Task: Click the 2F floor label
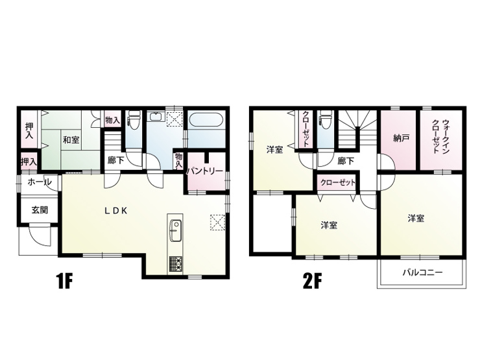point(312,282)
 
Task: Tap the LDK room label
point(115,211)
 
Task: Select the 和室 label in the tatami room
point(71,140)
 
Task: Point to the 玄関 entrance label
point(40,210)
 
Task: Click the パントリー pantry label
point(205,171)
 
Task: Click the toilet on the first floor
point(134,119)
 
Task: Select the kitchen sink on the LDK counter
point(175,230)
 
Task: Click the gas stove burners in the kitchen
point(175,264)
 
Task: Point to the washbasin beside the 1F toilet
point(156,117)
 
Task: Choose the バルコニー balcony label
point(422,272)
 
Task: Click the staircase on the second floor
point(357,128)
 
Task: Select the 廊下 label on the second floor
point(346,161)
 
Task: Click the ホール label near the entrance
point(40,182)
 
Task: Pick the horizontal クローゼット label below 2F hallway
point(338,183)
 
